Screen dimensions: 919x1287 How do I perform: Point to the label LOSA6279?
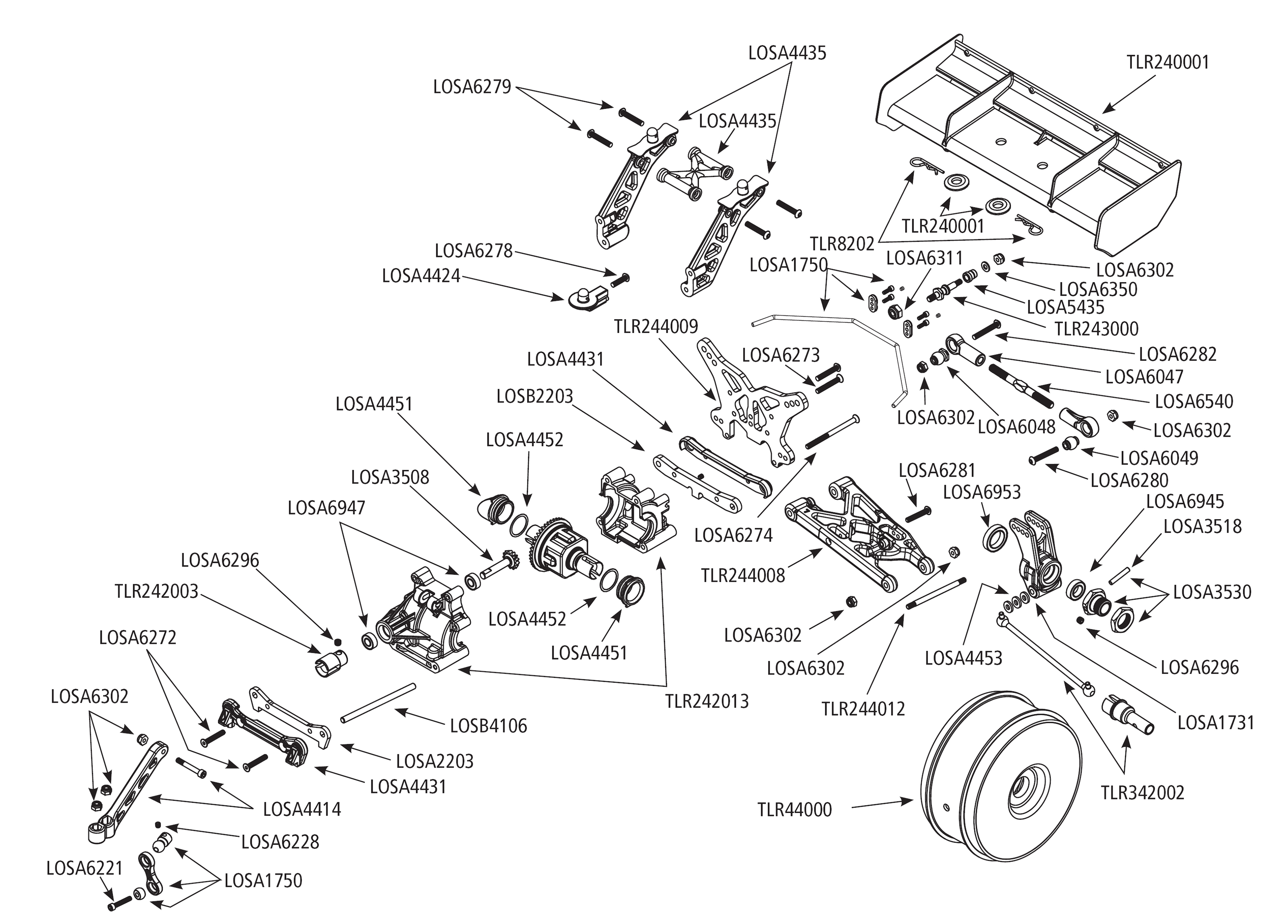tap(471, 87)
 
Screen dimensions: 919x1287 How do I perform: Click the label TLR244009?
tap(656, 326)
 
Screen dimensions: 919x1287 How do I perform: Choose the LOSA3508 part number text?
tap(389, 477)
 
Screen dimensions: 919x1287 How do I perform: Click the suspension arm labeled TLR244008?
tap(855, 532)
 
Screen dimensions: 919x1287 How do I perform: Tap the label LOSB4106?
tap(488, 726)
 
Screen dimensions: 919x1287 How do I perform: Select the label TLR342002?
tap(1142, 792)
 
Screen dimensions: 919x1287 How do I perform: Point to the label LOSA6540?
tap(1193, 401)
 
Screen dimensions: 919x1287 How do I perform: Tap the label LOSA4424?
tap(420, 276)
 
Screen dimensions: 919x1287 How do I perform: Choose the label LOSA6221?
tap(84, 868)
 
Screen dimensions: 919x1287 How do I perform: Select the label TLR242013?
tap(706, 702)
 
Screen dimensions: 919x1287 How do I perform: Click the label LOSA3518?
tap(1202, 526)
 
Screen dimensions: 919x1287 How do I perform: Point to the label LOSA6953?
tap(981, 492)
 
